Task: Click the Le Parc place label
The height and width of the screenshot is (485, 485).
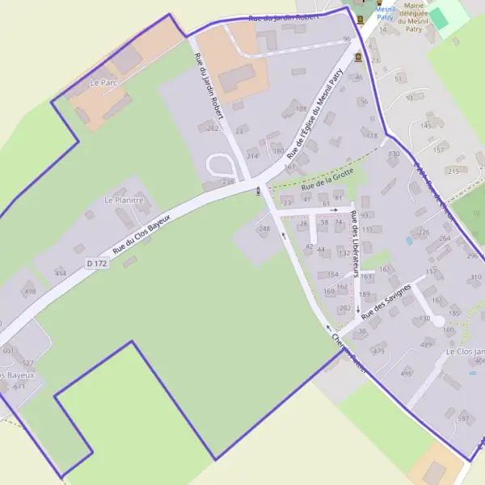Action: pos(104,82)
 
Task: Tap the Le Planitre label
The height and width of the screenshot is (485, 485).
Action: pos(124,199)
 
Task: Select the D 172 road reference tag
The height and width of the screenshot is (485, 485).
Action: pos(96,264)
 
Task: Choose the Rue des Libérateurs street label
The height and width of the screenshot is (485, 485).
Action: pos(356,234)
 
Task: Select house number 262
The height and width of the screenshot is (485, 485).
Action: pos(213,129)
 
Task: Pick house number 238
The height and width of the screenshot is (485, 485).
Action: pos(228,182)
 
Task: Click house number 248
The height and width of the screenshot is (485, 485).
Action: pos(264,229)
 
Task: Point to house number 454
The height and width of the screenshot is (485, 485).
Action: pos(61,273)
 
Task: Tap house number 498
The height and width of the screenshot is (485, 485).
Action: pos(30,292)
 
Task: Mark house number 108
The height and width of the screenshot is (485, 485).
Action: pos(301,108)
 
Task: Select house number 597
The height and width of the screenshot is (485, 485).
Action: pos(463,419)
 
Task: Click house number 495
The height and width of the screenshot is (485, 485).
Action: pos(406,373)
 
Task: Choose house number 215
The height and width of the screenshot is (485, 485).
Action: pos(453,171)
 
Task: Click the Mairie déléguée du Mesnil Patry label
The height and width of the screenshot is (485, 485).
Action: pos(413,15)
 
